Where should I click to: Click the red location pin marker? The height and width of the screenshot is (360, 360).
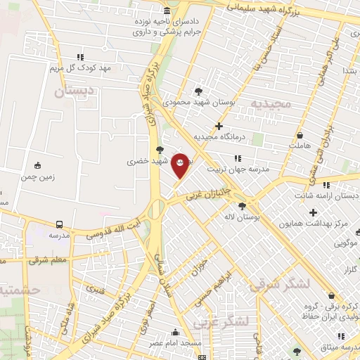tap(181, 165)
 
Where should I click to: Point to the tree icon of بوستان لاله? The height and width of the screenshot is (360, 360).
tap(242, 206)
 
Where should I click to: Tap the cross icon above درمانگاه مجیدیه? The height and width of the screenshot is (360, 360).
tap(219, 126)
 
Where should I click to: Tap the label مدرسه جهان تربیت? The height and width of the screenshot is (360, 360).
tap(237, 169)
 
